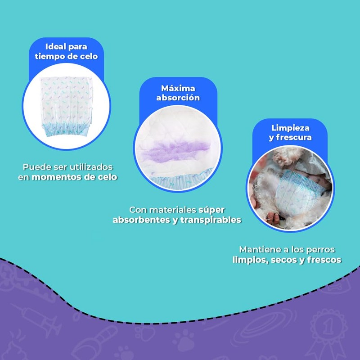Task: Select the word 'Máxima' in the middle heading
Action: pyautogui.click(x=178, y=88)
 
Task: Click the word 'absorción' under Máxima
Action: pyautogui.click(x=178, y=98)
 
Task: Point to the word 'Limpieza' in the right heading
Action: pyautogui.click(x=290, y=128)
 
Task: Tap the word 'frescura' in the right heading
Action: pyautogui.click(x=294, y=137)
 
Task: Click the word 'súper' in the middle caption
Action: pyautogui.click(x=211, y=210)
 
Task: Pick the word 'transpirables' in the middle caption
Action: pyautogui.click(x=211, y=220)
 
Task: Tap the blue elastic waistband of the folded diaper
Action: pyautogui.click(x=66, y=130)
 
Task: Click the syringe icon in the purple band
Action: pyautogui.click(x=37, y=317)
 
